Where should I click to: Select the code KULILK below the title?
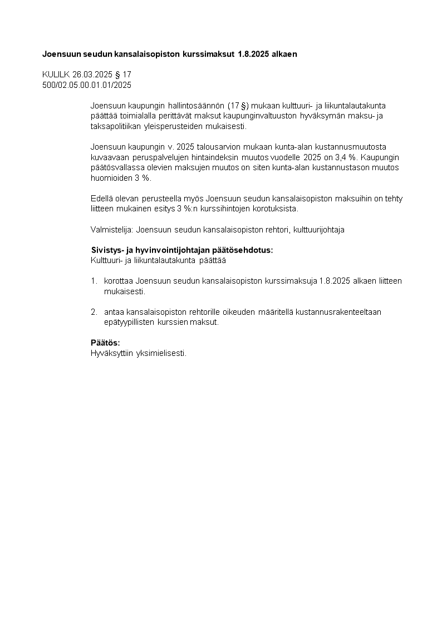[x=56, y=74]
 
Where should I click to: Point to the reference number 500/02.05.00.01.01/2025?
[x=87, y=84]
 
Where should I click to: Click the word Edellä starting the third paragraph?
[x=101, y=199]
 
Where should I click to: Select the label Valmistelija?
[x=111, y=230]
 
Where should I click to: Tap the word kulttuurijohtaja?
[x=319, y=230]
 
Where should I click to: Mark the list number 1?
[x=94, y=281]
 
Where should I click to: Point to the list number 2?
[x=94, y=312]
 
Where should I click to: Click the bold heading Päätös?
[x=105, y=343]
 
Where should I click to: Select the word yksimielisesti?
[x=161, y=353]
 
